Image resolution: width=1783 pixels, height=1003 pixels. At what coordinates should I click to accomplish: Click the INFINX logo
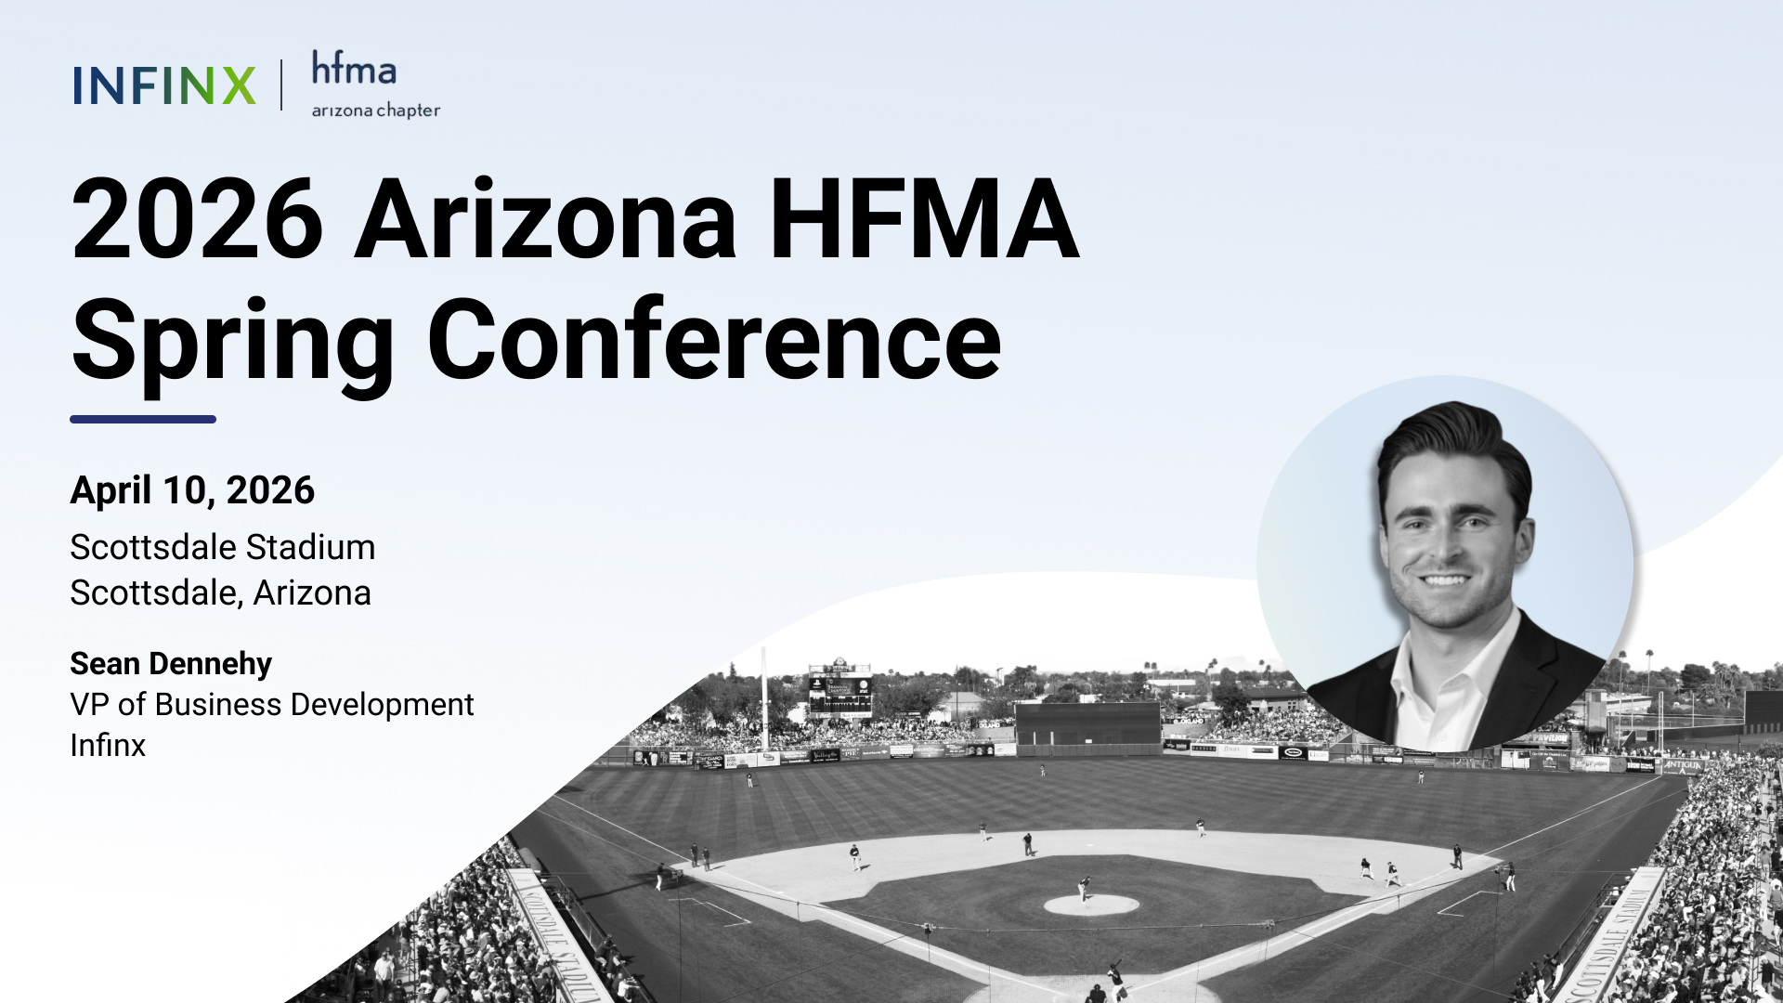pos(164,85)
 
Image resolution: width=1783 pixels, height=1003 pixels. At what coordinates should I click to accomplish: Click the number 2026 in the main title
pos(197,221)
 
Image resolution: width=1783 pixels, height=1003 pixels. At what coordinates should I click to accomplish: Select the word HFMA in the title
pos(924,221)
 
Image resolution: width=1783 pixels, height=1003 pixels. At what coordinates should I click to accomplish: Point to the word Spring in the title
pos(233,342)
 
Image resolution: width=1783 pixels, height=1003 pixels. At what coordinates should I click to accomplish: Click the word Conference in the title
pos(714,342)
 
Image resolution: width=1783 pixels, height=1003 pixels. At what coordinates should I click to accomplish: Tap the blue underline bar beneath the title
pos(143,419)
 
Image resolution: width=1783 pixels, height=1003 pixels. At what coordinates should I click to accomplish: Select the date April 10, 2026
pos(192,490)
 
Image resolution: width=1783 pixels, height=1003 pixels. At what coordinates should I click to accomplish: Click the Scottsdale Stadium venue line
pos(223,548)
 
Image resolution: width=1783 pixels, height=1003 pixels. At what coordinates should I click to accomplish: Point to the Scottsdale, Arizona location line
pos(221,593)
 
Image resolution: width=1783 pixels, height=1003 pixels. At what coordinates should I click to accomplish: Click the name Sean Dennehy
pos(171,664)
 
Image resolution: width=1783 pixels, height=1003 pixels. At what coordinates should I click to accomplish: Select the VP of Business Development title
pos(272,705)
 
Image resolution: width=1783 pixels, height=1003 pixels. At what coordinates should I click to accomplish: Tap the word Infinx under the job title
pos(108,746)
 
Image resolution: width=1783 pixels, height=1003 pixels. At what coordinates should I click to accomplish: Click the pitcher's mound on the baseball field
pos(1091,904)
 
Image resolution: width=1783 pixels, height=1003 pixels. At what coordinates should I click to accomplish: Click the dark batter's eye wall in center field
pos(1087,723)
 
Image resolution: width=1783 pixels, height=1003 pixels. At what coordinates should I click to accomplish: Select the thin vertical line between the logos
pos(281,85)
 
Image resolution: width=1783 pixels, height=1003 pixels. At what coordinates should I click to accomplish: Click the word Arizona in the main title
pos(546,221)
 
